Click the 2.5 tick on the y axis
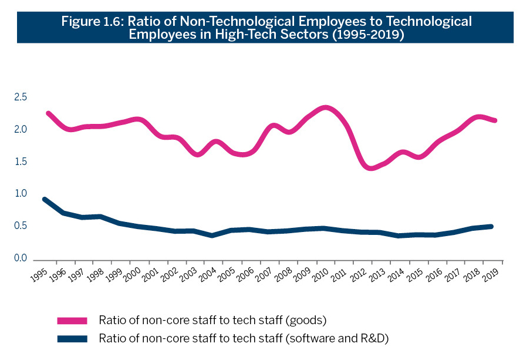pyautogui.click(x=21, y=97)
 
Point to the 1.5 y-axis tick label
pyautogui.click(x=21, y=162)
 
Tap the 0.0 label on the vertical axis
pyautogui.click(x=21, y=258)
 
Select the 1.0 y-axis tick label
pyautogui.click(x=21, y=194)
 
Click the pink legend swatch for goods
pyautogui.click(x=72, y=320)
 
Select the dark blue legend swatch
pyautogui.click(x=72, y=339)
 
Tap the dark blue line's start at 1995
pyautogui.click(x=46, y=200)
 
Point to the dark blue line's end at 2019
pyautogui.click(x=490, y=226)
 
